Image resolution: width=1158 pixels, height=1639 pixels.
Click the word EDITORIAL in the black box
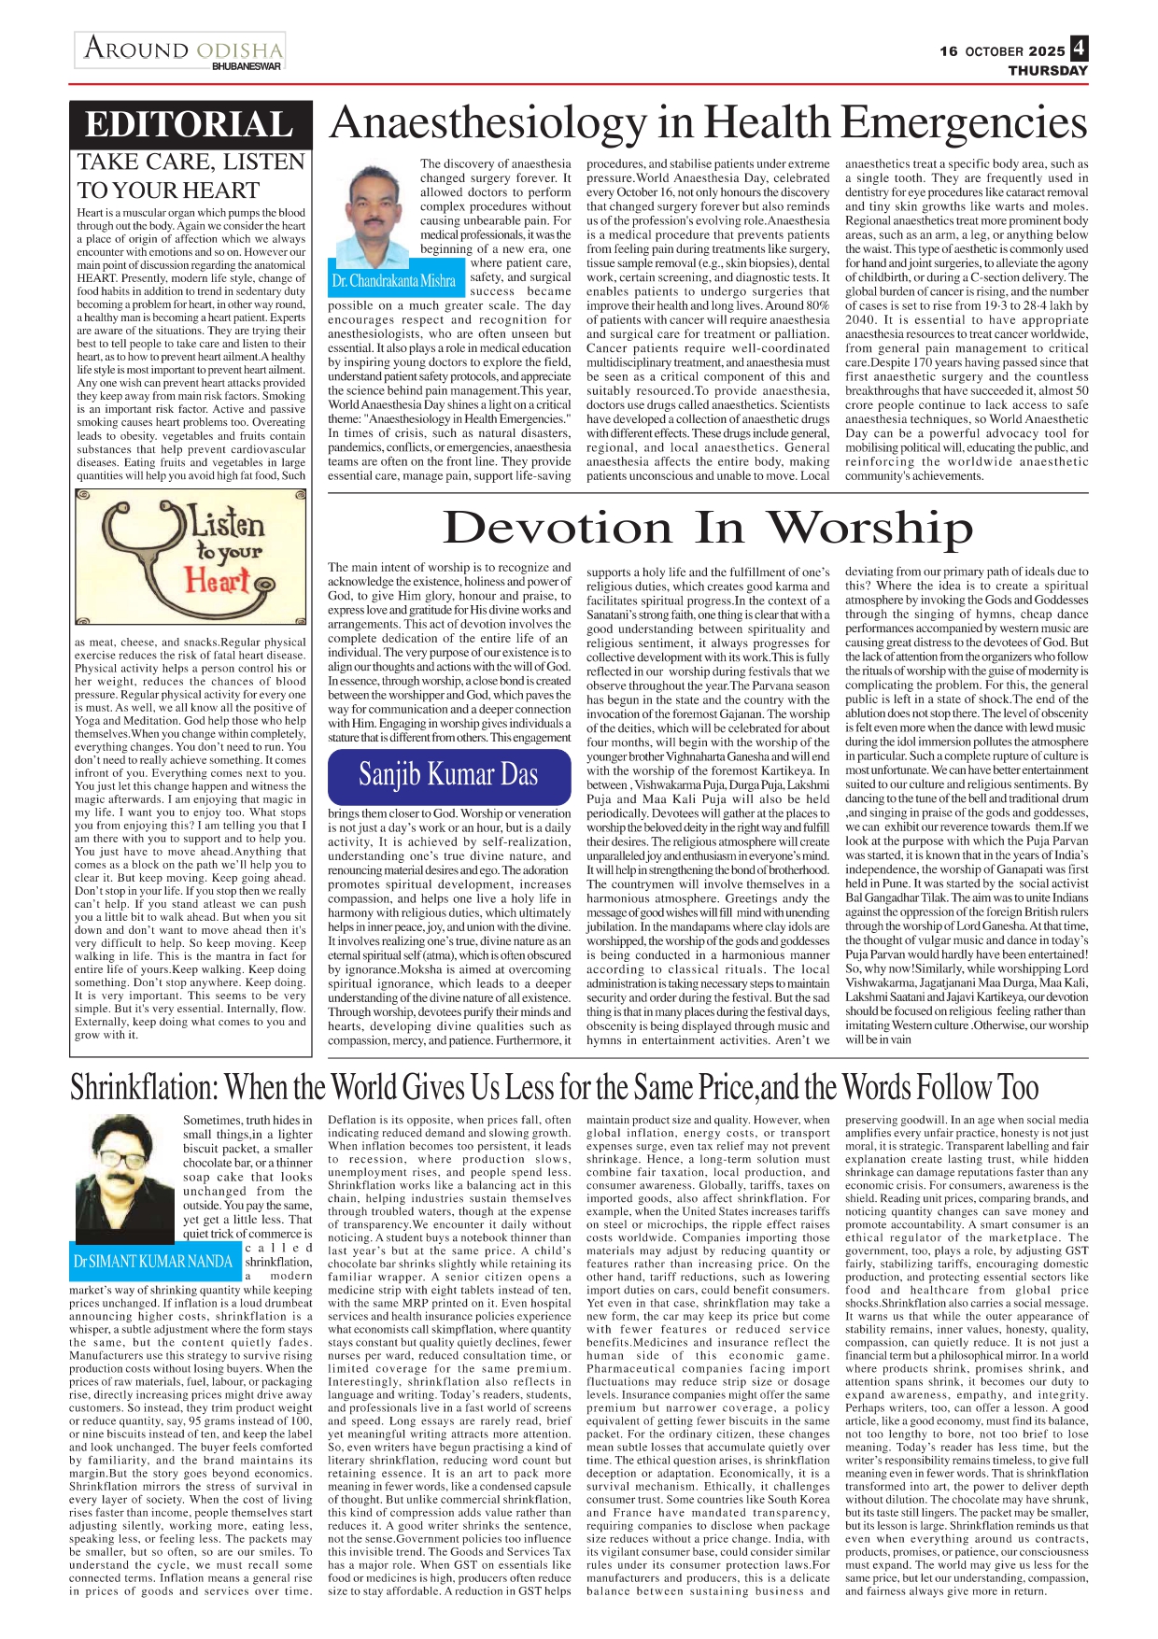coord(190,125)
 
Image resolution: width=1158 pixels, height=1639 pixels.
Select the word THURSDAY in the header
coord(1048,71)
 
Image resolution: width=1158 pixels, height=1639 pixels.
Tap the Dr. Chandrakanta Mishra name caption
coord(394,281)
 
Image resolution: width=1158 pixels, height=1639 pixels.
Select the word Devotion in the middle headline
coord(557,528)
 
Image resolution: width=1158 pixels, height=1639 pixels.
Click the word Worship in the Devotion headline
coord(869,528)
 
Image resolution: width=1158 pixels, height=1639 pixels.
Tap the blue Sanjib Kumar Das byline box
coord(448,775)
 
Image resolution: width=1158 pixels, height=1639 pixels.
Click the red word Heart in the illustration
coord(217,581)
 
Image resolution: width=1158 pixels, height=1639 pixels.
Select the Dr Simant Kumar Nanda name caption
coord(153,1262)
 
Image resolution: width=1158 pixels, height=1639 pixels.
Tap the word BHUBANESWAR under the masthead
coord(247,67)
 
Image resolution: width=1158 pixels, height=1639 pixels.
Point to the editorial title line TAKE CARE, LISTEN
coord(191,162)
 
